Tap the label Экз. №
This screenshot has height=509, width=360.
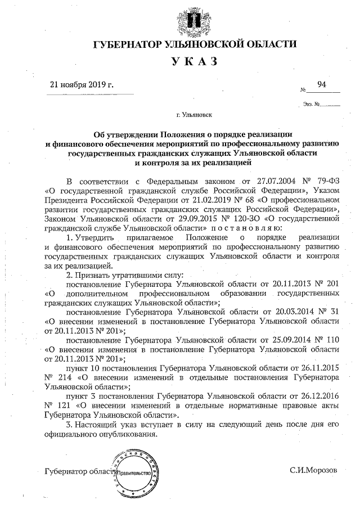(310, 104)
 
